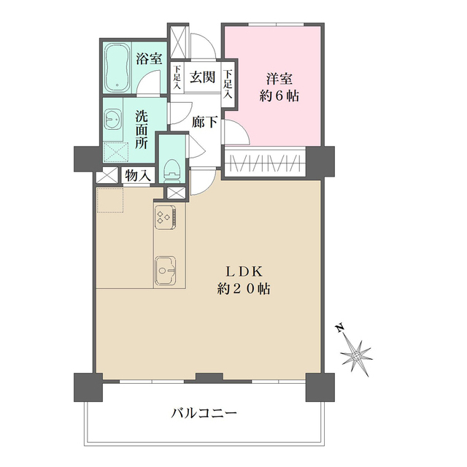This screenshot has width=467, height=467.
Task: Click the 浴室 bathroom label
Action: coord(150,59)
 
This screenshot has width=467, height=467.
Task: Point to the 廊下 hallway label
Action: coord(204,123)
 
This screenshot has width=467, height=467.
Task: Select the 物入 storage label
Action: coord(137,176)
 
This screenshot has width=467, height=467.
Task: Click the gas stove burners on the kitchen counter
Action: coord(166,216)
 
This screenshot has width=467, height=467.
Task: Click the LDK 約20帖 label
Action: coord(244,279)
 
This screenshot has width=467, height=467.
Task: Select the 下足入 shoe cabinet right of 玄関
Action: coord(228,82)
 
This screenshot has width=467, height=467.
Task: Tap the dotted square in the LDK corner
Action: coord(111,200)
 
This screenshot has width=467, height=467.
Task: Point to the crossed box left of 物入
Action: coord(108,176)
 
